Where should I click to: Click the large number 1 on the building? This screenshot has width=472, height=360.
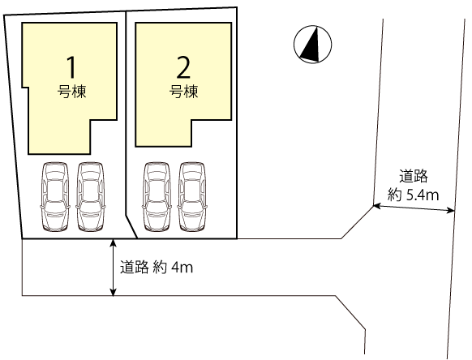[71, 67]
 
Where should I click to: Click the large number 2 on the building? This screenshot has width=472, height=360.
[183, 67]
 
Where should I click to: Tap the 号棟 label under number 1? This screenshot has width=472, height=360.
[71, 92]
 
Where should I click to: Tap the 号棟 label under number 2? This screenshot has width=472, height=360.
[183, 92]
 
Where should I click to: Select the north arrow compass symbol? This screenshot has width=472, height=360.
[313, 45]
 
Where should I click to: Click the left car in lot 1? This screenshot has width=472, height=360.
[55, 197]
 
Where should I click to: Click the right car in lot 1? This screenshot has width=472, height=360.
[91, 197]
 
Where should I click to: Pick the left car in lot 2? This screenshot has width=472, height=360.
[157, 197]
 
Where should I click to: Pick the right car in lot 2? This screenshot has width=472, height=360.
[192, 197]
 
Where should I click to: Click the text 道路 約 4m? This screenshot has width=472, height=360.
[157, 267]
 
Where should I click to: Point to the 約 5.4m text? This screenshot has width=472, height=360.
[413, 195]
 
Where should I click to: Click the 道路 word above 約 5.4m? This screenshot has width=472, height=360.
[414, 177]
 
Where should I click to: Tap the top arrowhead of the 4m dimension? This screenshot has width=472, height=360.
[113, 242]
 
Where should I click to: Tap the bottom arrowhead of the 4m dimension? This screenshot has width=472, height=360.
[113, 292]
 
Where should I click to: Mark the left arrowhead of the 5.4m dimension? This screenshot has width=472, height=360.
[377, 206]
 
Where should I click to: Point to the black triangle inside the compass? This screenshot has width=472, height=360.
[311, 45]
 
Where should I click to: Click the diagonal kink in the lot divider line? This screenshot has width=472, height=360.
[131, 227]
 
